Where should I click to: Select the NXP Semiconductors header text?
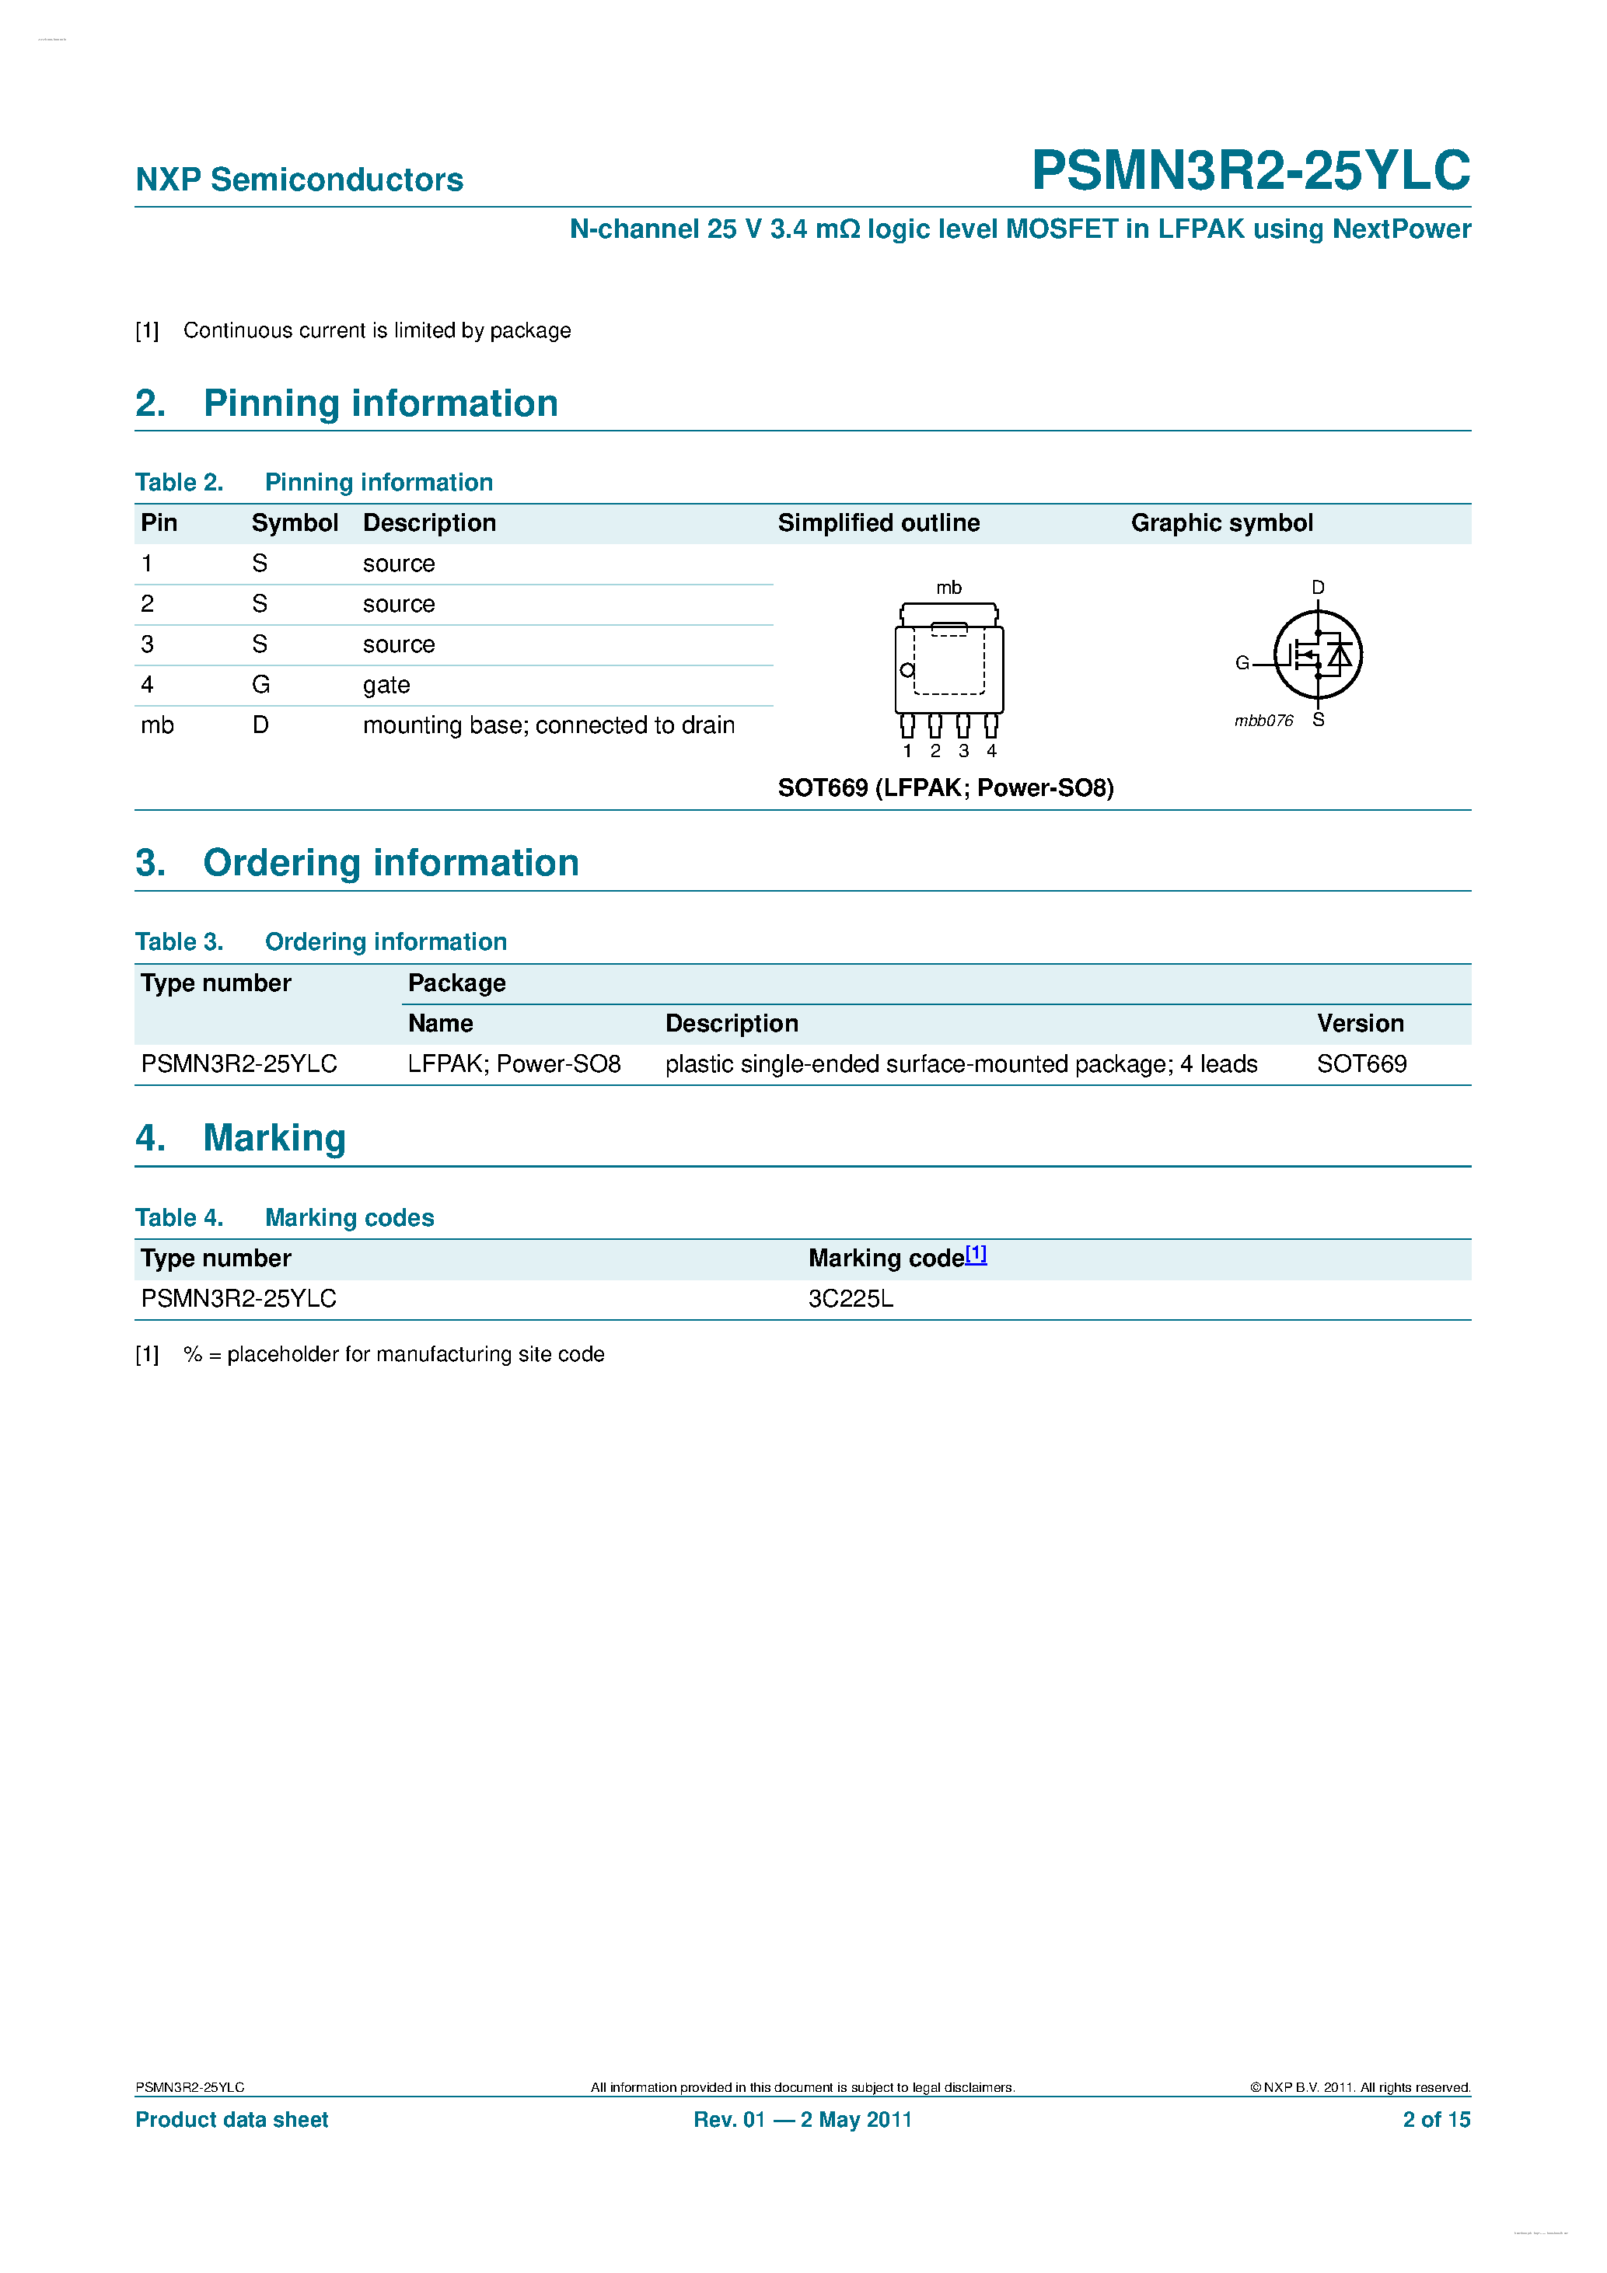click(299, 180)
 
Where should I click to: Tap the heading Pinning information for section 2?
click(380, 404)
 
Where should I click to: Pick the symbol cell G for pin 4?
click(260, 685)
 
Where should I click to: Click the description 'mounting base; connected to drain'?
click(549, 725)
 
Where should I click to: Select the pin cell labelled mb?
click(157, 725)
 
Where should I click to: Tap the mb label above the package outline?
click(948, 588)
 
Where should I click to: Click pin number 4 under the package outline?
click(991, 752)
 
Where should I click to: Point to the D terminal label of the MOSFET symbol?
click(1318, 588)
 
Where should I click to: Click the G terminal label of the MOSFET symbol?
click(1242, 663)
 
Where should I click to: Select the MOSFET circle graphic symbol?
click(1318, 655)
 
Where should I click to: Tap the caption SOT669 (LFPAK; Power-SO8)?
click(945, 788)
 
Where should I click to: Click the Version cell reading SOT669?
click(1361, 1064)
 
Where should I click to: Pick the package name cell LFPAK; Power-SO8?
click(514, 1064)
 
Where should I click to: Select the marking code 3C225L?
click(851, 1299)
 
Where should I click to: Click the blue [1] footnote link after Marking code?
click(976, 1255)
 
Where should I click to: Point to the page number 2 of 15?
click(1436, 2120)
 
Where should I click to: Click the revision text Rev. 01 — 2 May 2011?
click(802, 2120)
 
